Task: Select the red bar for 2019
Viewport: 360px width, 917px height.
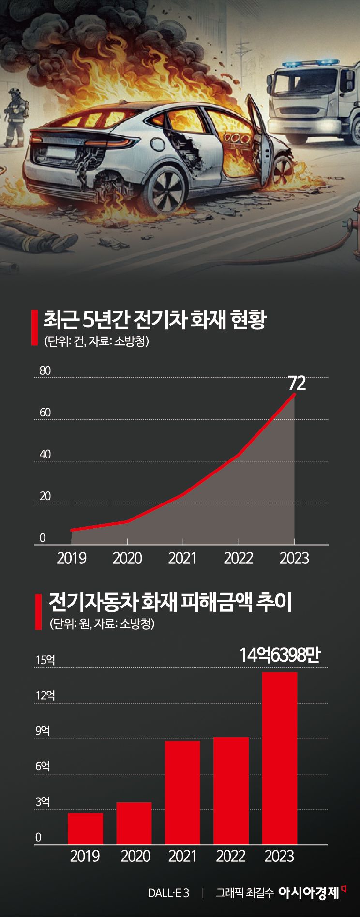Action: (x=85, y=828)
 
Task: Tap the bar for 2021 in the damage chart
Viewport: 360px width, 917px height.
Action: (x=182, y=793)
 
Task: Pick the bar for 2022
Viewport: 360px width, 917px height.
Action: (x=231, y=791)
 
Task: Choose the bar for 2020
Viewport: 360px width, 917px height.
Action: (x=134, y=823)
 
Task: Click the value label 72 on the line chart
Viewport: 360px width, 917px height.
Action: (x=297, y=383)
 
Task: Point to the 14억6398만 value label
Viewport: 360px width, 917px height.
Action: (x=280, y=655)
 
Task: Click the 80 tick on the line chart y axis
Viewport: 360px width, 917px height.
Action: (x=45, y=371)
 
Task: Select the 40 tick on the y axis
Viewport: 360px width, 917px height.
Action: (x=45, y=455)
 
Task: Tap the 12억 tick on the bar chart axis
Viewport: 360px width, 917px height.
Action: (x=45, y=695)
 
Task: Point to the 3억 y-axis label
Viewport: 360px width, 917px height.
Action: (x=43, y=802)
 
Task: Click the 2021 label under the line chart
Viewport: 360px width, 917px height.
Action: (x=182, y=558)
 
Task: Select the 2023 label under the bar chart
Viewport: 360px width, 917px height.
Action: (x=279, y=856)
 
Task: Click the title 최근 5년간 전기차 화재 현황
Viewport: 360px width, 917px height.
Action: (x=154, y=320)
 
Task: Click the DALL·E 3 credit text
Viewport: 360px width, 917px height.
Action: (x=168, y=893)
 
